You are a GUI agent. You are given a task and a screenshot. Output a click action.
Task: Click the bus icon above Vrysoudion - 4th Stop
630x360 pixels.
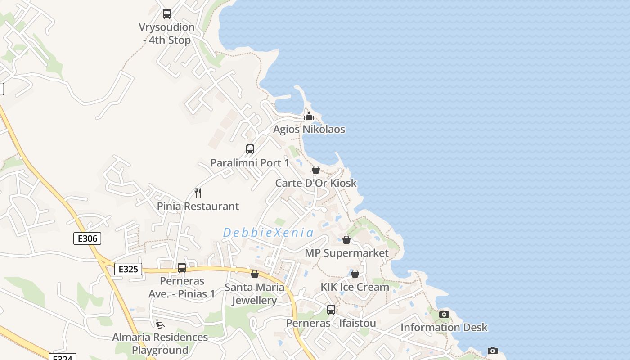167,14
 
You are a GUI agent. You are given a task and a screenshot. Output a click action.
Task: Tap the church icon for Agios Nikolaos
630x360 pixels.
309,116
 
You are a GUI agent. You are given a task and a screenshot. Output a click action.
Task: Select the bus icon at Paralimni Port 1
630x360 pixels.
250,149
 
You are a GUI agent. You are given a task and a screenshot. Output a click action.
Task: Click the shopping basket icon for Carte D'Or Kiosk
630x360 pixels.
316,170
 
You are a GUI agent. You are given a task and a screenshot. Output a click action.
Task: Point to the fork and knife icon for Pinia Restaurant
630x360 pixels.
198,193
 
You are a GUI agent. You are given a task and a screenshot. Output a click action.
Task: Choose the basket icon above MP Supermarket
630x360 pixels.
346,240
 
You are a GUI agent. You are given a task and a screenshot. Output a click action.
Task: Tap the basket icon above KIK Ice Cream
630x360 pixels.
355,274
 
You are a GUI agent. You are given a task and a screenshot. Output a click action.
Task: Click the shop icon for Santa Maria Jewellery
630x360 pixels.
255,274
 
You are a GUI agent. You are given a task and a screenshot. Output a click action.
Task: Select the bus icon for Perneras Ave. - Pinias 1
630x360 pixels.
182,268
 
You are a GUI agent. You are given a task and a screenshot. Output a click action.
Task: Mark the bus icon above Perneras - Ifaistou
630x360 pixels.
331,310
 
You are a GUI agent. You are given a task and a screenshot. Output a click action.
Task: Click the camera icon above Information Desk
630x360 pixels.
444,314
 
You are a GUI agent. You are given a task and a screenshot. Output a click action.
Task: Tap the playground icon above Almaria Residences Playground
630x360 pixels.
160,324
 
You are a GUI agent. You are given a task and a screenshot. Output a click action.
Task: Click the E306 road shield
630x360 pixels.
87,238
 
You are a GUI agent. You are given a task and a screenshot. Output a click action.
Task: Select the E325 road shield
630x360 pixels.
128,269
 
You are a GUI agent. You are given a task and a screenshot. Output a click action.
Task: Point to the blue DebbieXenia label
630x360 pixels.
268,233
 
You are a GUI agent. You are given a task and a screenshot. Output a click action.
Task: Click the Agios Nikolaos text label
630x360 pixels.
309,130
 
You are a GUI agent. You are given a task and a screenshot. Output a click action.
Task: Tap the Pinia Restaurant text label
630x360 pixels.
198,207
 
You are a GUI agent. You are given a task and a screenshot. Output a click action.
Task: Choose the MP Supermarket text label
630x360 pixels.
346,253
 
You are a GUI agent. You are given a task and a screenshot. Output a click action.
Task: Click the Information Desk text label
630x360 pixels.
444,327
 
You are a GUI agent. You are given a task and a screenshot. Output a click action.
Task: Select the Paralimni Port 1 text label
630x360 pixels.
250,163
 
